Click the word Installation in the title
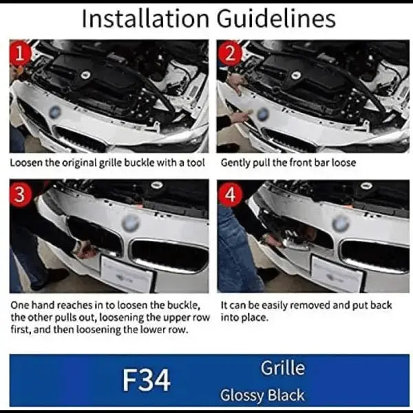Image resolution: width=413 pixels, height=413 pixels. point(146,19)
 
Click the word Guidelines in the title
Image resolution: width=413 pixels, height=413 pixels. point(276,19)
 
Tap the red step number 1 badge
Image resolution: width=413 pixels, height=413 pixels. point(20,54)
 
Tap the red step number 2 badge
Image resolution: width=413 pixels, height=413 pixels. point(230,54)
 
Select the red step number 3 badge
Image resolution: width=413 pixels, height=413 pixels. point(20,194)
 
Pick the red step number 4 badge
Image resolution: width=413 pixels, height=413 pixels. point(231,194)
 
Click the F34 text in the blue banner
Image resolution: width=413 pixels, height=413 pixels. point(147,380)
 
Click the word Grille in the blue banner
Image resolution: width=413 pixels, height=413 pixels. point(283,368)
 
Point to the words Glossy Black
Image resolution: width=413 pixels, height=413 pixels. point(262,395)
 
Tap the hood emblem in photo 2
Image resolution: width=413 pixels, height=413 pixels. point(264,114)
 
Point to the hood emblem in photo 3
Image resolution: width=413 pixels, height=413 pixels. point(131,223)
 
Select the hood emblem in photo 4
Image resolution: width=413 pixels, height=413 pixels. point(341,223)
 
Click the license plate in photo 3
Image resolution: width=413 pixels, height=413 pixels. point(127,273)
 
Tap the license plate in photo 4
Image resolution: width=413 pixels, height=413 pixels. point(337,273)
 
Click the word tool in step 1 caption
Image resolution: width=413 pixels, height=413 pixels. point(196,162)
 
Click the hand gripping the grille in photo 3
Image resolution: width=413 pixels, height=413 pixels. point(85,251)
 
